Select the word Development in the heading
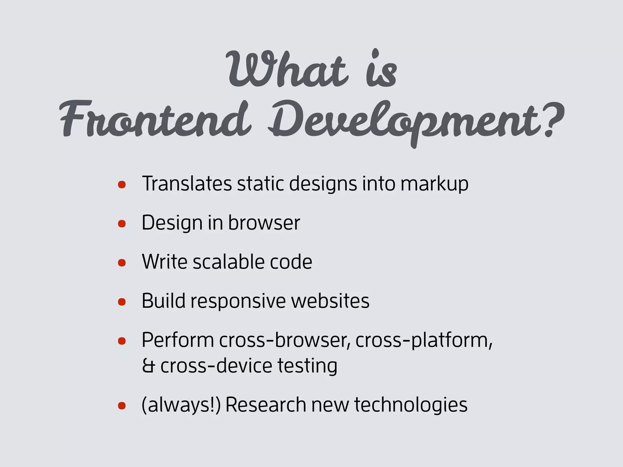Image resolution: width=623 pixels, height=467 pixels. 405,122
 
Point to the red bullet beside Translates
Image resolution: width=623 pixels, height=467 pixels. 122,185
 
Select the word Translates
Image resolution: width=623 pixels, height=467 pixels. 187,184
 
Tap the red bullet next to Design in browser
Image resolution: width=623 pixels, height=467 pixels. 122,224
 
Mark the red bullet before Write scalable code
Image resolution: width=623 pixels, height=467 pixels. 122,263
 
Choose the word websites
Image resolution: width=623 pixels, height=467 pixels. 330,301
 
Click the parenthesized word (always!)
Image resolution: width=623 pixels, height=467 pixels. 181,405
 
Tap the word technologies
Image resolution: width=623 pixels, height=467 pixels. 411,405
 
